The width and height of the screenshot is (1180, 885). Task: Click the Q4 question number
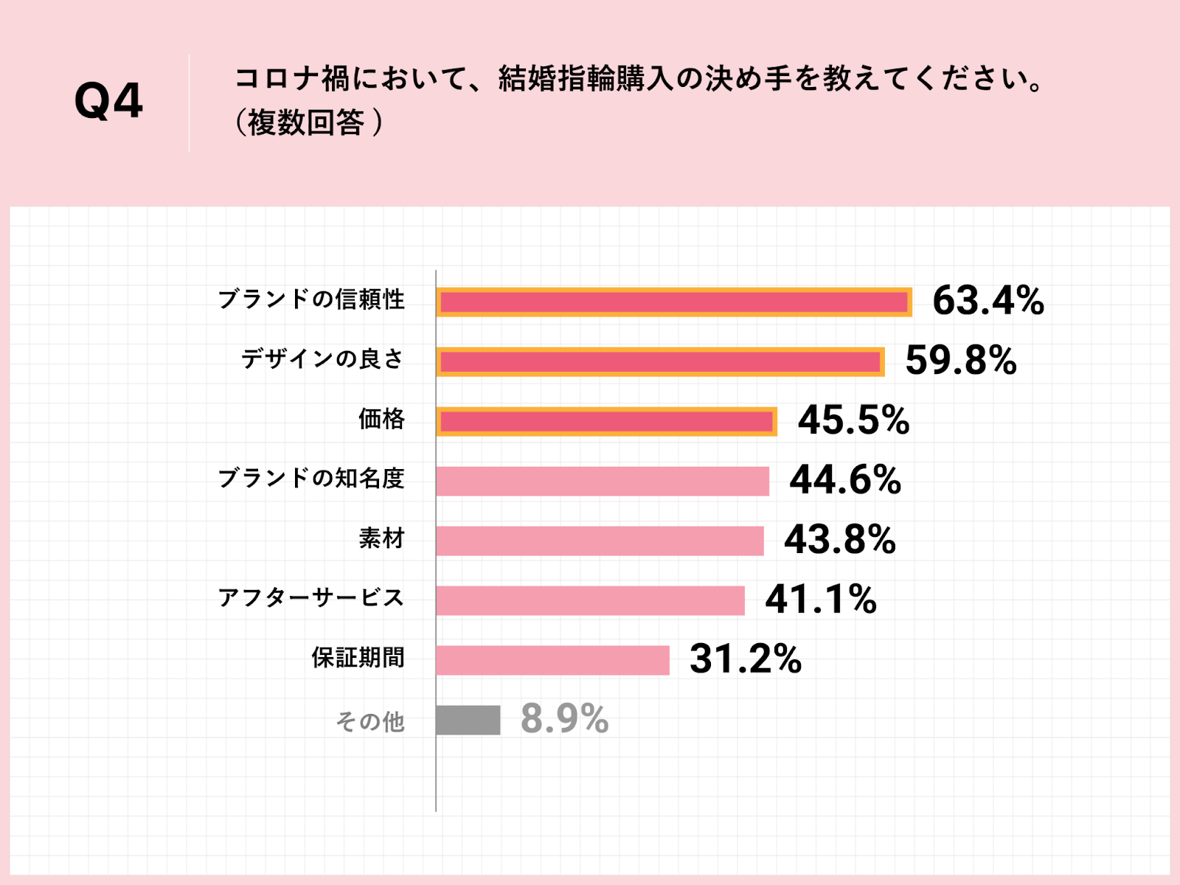pyautogui.click(x=108, y=101)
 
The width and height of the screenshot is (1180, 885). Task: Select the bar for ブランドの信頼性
pyautogui.click(x=673, y=302)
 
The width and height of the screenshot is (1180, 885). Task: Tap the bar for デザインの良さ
pyautogui.click(x=660, y=362)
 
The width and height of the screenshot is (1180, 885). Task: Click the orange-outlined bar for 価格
pyautogui.click(x=606, y=422)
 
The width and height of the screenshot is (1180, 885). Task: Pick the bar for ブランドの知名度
pyautogui.click(x=603, y=481)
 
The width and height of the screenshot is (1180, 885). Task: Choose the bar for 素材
pyautogui.click(x=600, y=541)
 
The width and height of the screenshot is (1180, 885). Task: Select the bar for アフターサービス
pyautogui.click(x=590, y=600)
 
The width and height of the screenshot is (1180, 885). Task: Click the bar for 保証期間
pyautogui.click(x=552, y=660)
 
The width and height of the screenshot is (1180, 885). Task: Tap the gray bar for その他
pyautogui.click(x=468, y=720)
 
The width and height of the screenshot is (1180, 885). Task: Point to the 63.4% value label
pyautogui.click(x=988, y=301)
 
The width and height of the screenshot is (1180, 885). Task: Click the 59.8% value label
pyautogui.click(x=961, y=361)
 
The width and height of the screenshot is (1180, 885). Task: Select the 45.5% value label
pyautogui.click(x=853, y=420)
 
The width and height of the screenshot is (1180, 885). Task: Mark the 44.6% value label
pyautogui.click(x=845, y=480)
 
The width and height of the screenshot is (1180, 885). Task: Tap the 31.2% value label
pyautogui.click(x=745, y=659)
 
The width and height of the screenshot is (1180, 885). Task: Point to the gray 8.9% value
pyautogui.click(x=564, y=719)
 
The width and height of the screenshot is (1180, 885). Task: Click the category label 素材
pyautogui.click(x=381, y=539)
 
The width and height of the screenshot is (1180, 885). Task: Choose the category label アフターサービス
pyautogui.click(x=310, y=598)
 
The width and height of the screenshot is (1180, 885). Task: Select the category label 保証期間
pyautogui.click(x=358, y=658)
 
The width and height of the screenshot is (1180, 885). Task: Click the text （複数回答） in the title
pyautogui.click(x=309, y=123)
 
